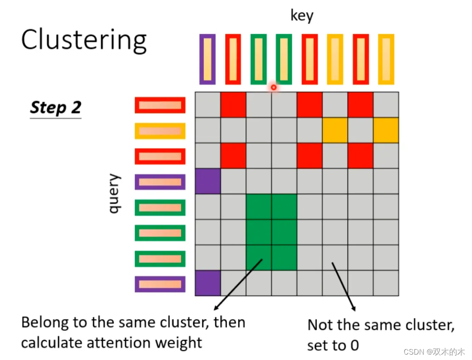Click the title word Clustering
84,40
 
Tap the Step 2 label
55,108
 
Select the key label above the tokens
302,15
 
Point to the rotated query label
115,194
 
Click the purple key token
207,59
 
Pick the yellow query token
160,131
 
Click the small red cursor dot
273,87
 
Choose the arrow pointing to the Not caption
344,287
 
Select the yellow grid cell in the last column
386,130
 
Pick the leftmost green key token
258,59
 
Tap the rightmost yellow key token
386,59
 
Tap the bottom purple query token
160,284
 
